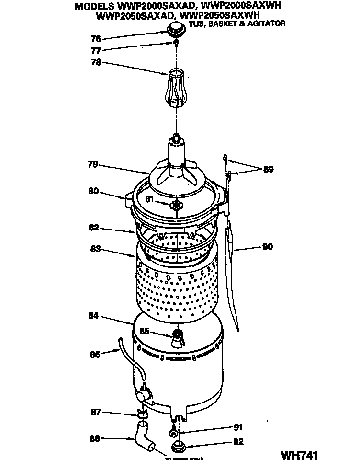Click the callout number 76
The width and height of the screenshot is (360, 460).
pyautogui.click(x=96, y=39)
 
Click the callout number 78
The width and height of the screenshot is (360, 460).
pyautogui.click(x=96, y=62)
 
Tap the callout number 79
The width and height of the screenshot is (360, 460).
pyautogui.click(x=93, y=164)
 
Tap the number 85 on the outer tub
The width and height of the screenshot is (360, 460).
pyautogui.click(x=144, y=331)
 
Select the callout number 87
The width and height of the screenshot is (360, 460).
pyautogui.click(x=96, y=412)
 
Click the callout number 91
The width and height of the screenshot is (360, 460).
pyautogui.click(x=238, y=427)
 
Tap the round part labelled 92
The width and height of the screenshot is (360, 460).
pyautogui.click(x=179, y=448)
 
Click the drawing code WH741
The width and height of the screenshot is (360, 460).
pyautogui.click(x=299, y=453)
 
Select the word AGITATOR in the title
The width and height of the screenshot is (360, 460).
pyautogui.click(x=267, y=23)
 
